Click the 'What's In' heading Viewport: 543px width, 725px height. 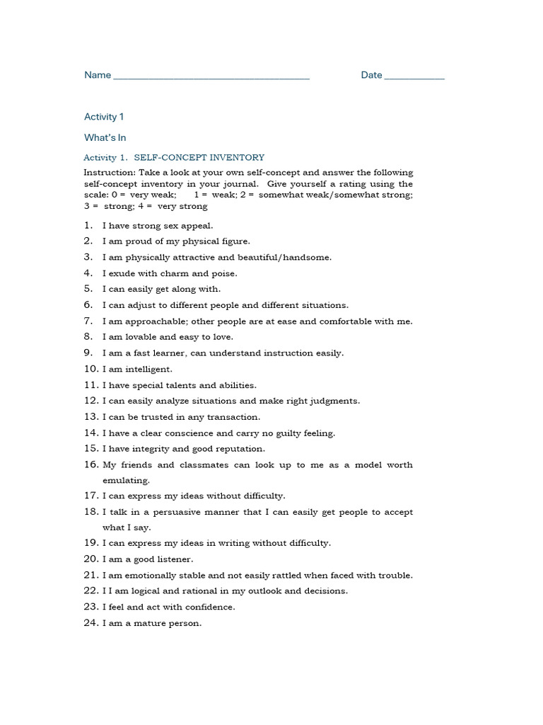click(x=105, y=137)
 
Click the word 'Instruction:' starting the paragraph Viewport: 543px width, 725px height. click(x=109, y=173)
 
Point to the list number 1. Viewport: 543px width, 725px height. click(x=88, y=226)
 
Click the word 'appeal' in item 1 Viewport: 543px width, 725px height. click(x=197, y=226)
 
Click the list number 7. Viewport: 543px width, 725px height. click(x=88, y=321)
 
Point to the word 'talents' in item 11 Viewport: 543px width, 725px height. click(x=182, y=385)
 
